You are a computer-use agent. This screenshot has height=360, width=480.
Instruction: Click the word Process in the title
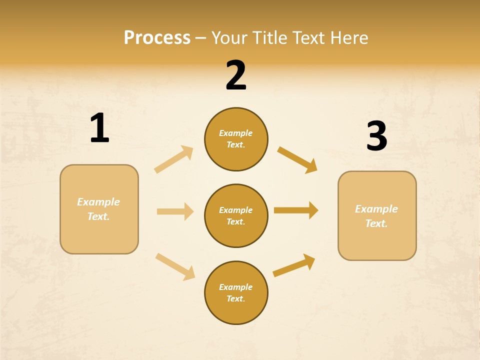click(x=157, y=37)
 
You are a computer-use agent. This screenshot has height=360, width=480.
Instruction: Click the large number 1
click(x=99, y=128)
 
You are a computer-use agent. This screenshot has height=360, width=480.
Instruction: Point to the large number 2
click(x=236, y=75)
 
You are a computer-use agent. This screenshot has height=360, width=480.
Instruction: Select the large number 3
click(x=376, y=136)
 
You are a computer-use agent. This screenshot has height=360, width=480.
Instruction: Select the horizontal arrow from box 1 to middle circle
click(x=175, y=211)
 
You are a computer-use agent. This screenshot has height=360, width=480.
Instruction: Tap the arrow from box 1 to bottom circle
click(x=175, y=266)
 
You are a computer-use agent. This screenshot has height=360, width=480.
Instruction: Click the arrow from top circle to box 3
click(x=297, y=160)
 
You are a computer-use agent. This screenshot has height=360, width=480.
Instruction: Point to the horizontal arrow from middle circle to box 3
click(x=296, y=210)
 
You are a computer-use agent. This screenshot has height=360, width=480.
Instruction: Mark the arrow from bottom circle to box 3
click(x=294, y=265)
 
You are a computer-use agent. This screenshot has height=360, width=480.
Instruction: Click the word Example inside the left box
click(x=98, y=202)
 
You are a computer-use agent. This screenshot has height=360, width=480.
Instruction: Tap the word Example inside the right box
click(x=376, y=209)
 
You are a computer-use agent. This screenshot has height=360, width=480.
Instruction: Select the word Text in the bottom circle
click(x=235, y=299)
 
